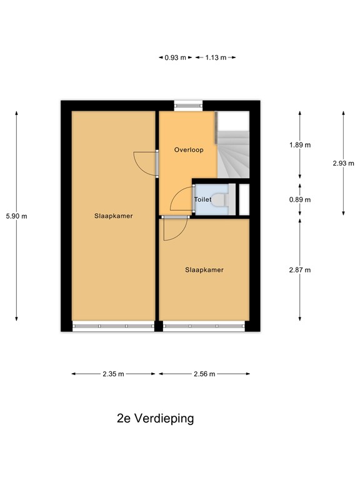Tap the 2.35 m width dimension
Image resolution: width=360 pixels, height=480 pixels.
click(x=113, y=374)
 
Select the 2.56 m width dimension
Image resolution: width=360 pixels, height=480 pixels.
click(x=204, y=374)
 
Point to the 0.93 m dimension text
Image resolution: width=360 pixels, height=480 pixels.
click(x=176, y=57)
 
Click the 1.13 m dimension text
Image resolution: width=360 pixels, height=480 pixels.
click(x=215, y=57)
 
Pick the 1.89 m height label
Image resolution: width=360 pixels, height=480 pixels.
click(x=300, y=145)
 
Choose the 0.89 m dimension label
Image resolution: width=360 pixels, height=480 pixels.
click(x=300, y=200)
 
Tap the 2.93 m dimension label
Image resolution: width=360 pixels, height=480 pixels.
click(x=343, y=163)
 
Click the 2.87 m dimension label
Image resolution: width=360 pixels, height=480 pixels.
click(x=300, y=270)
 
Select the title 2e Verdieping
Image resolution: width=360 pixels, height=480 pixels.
click(x=156, y=418)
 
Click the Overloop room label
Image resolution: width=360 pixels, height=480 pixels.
click(x=189, y=150)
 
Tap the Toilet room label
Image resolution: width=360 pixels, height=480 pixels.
click(x=203, y=199)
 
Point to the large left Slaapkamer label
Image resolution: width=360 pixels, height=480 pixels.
click(x=114, y=216)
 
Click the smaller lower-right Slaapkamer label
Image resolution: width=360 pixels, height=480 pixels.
click(x=204, y=270)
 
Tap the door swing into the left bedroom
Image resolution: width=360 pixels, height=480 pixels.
click(x=145, y=164)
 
